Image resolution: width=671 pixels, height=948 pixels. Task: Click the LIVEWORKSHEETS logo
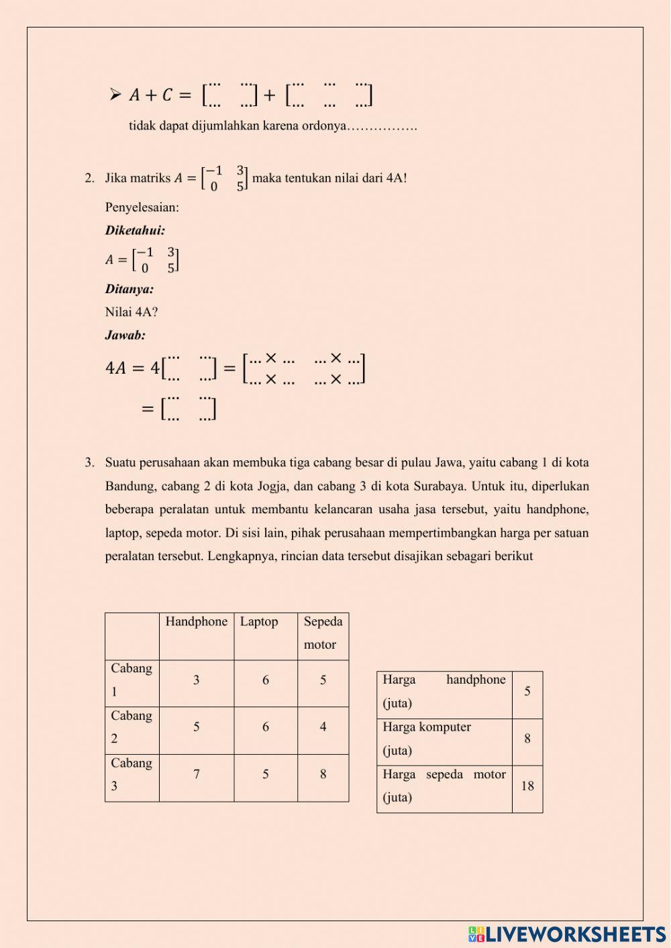567,934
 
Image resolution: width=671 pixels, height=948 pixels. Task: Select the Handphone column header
197,622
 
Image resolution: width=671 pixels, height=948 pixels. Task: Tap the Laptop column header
259,622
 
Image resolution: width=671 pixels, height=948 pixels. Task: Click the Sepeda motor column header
323,633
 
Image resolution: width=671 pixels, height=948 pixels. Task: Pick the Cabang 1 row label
132,680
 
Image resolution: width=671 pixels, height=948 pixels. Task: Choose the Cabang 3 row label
132,774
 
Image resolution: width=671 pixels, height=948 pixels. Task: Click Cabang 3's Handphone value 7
197,774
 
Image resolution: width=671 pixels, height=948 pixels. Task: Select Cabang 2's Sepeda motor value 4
323,727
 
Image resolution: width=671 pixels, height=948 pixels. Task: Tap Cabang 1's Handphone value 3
197,680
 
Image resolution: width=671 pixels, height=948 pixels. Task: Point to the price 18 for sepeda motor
527,786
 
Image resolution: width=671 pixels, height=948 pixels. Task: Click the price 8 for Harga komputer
527,739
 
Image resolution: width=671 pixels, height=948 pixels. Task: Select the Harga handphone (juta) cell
444,691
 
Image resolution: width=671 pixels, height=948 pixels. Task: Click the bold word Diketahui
135,231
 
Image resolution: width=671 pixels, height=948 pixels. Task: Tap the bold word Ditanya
130,290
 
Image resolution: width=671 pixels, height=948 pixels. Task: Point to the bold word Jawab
125,335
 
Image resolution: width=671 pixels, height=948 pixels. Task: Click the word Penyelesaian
142,207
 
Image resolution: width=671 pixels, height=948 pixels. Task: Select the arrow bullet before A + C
115,94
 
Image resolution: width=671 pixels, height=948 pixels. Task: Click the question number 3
89,462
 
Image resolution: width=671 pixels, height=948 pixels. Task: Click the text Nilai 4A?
132,312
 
